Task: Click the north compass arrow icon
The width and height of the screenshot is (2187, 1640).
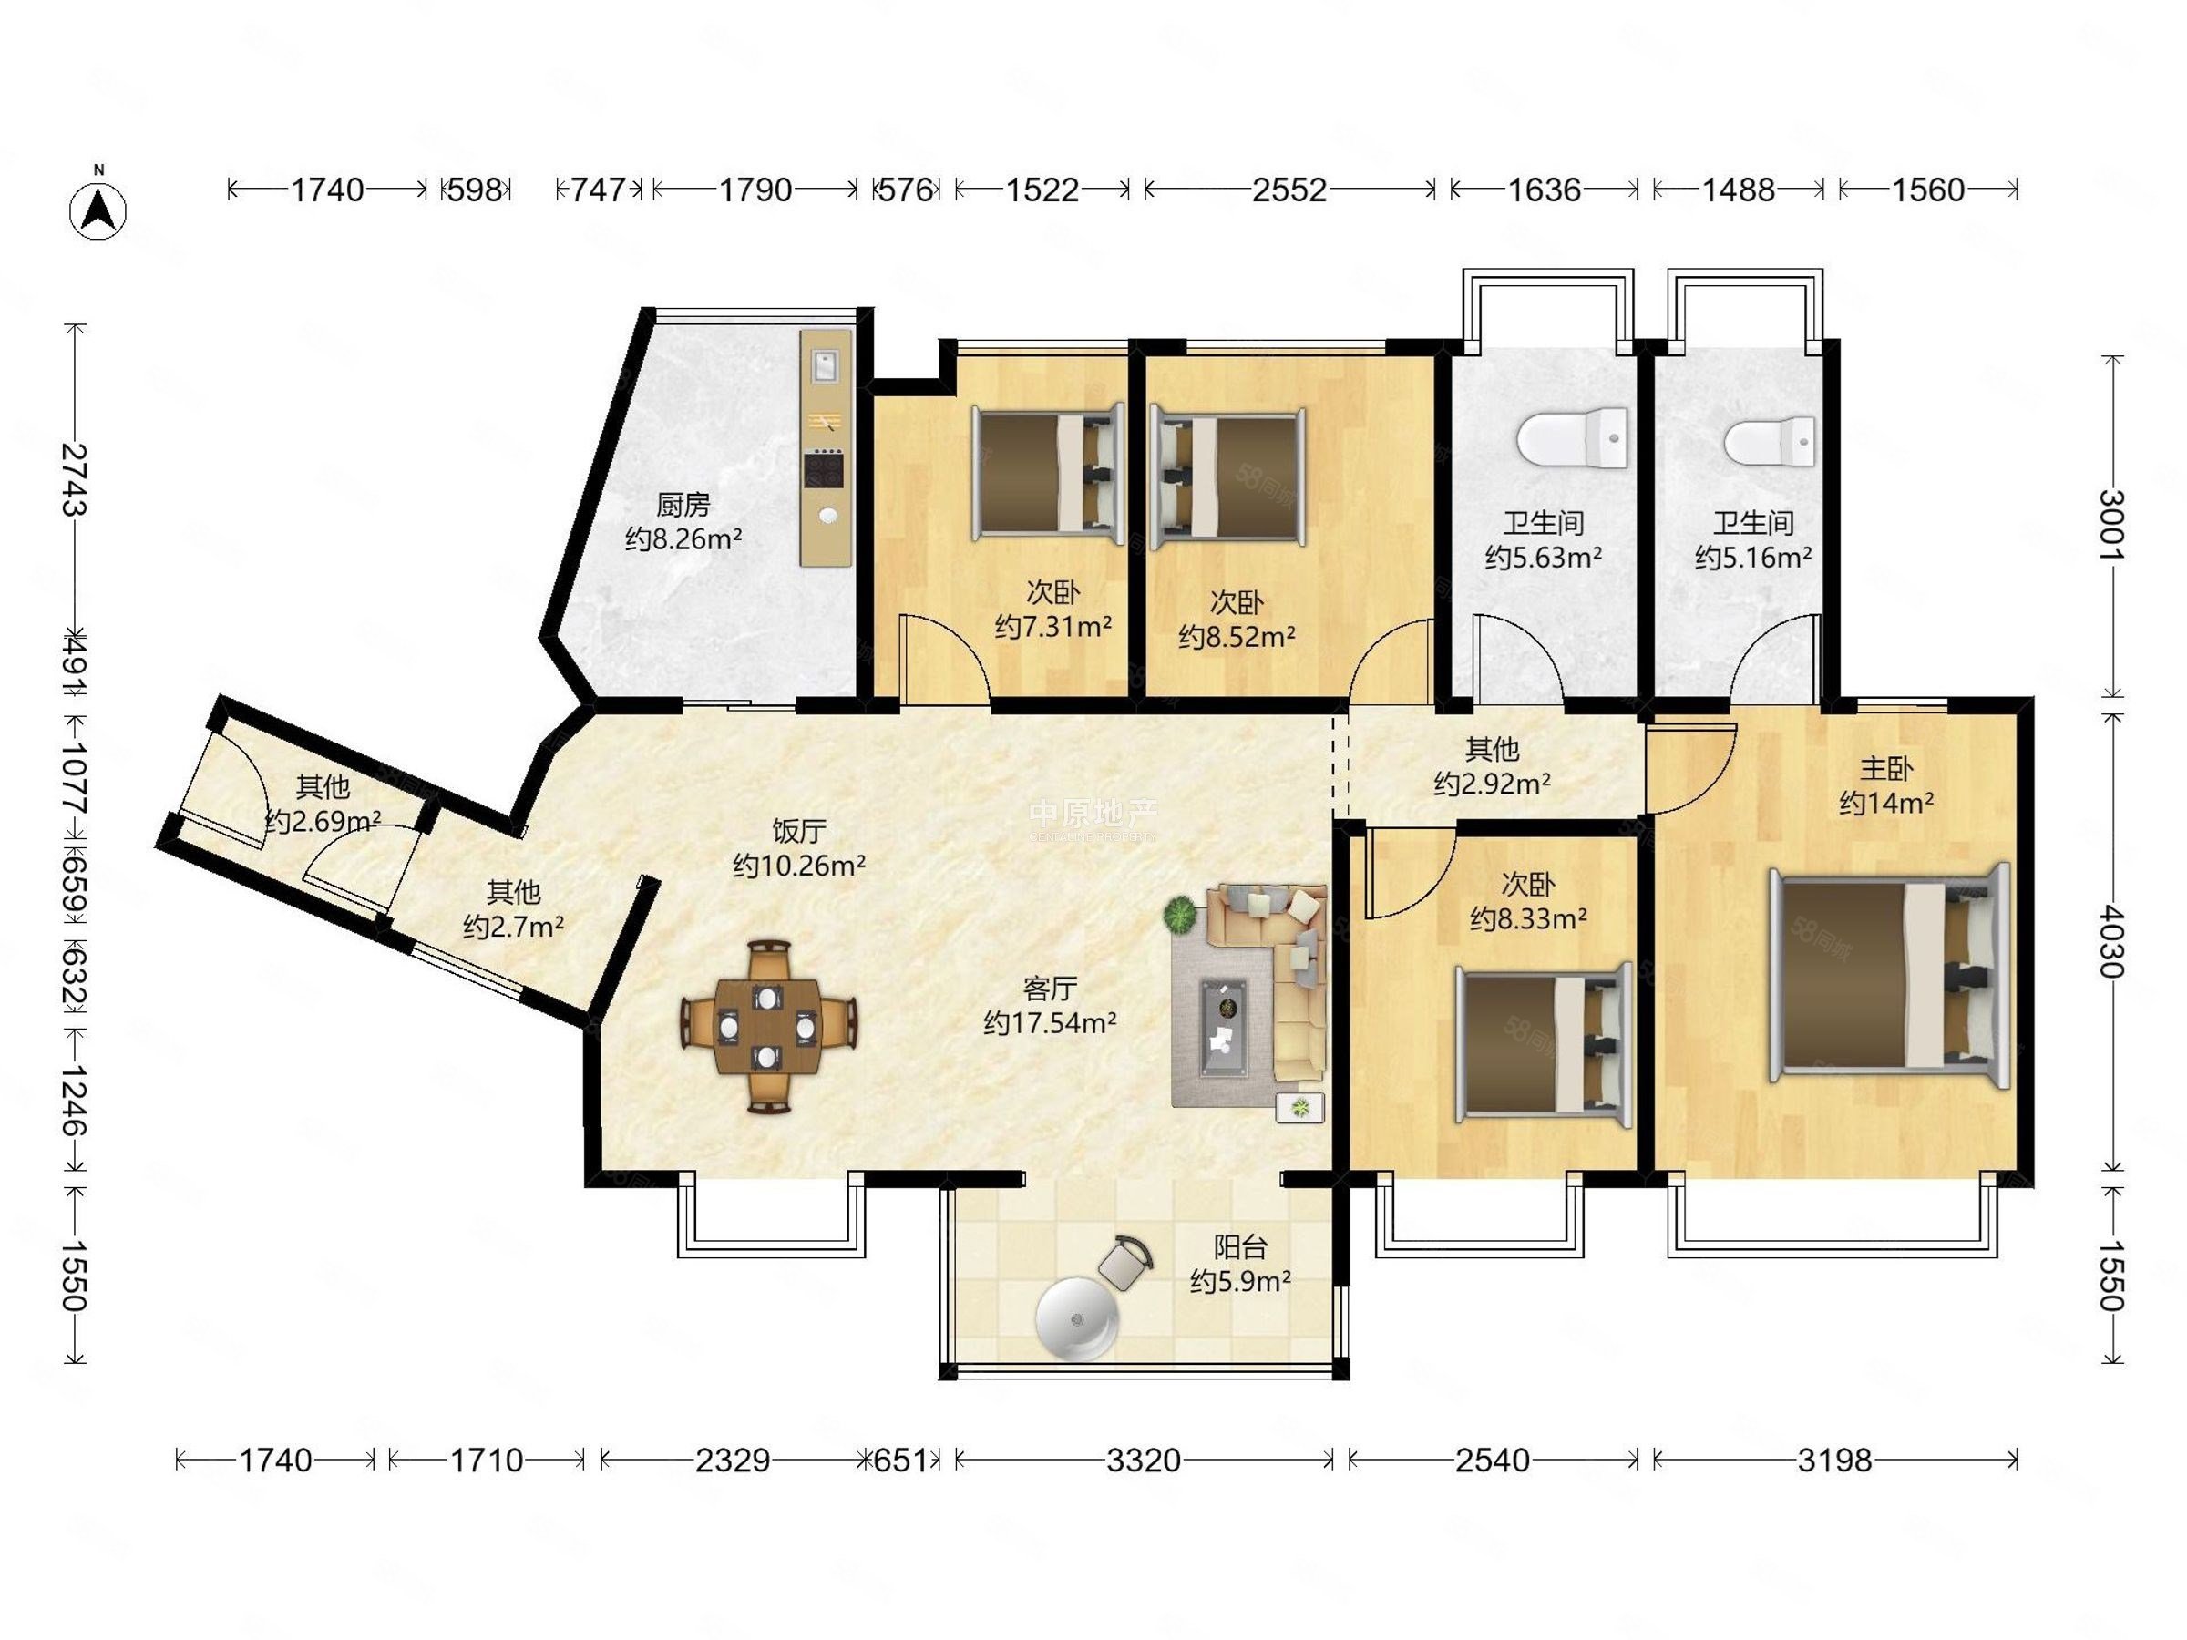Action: [x=98, y=210]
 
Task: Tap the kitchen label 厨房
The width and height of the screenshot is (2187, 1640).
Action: [x=683, y=505]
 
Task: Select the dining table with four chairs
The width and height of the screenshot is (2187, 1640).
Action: [x=768, y=1027]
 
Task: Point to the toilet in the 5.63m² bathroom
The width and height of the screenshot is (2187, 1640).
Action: [x=1573, y=440]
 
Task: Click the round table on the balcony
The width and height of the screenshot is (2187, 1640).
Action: [x=1077, y=1318]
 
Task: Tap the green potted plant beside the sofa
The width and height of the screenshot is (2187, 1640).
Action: [x=1180, y=915]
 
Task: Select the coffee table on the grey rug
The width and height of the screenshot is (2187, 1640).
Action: [x=1223, y=1027]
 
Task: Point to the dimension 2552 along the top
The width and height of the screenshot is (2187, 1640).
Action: [x=1289, y=189]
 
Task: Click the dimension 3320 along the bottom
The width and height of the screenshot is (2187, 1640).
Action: [x=1144, y=1459]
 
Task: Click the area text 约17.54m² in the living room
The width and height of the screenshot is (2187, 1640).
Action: [x=1050, y=1022]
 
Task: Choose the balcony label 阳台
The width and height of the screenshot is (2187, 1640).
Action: [x=1241, y=1246]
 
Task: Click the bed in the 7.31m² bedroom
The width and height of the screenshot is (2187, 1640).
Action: [x=1048, y=473]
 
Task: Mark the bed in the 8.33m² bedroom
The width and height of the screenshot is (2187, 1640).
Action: [x=1544, y=1045]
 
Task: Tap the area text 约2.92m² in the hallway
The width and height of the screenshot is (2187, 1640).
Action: [x=1492, y=784]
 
